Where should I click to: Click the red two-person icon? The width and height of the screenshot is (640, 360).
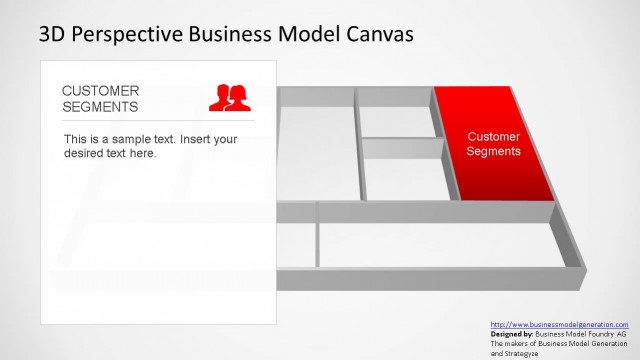click(228, 97)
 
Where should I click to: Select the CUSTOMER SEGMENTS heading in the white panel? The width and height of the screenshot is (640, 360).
click(101, 98)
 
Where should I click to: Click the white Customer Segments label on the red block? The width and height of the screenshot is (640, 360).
click(494, 144)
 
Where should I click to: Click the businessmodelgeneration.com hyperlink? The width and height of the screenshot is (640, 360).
click(559, 325)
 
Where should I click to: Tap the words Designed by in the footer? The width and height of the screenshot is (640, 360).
click(512, 334)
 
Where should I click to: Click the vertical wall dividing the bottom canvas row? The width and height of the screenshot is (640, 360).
click(318, 244)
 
